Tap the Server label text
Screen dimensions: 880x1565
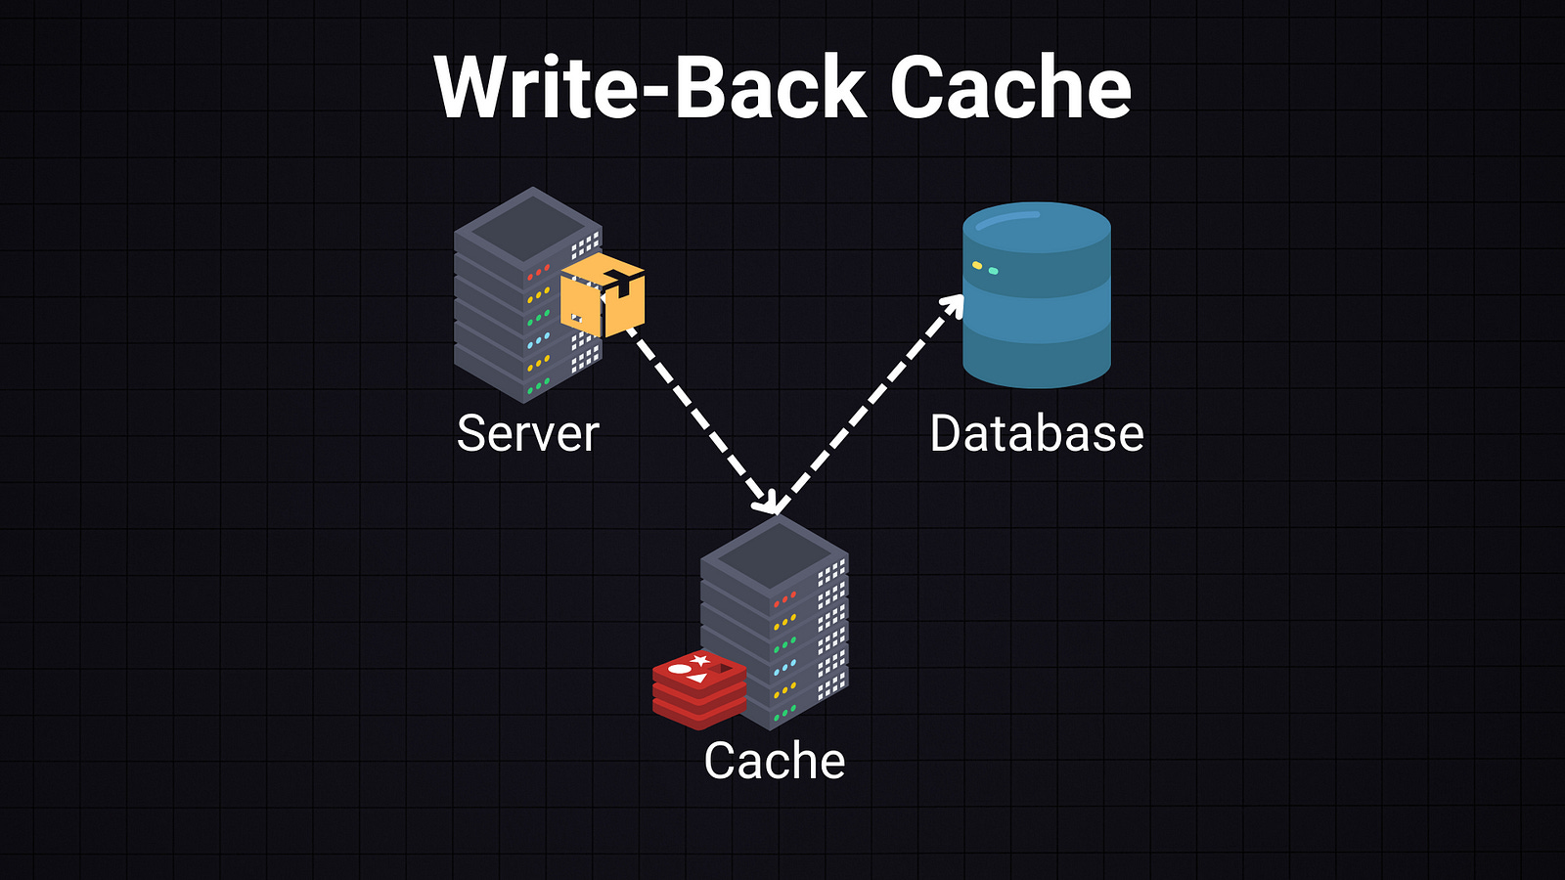pyautogui.click(x=527, y=433)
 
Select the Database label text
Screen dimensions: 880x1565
pyautogui.click(x=1037, y=433)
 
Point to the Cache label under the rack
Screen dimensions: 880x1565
pyautogui.click(x=774, y=761)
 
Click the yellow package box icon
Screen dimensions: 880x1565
pyautogui.click(x=603, y=294)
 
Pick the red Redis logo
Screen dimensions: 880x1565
pyautogui.click(x=699, y=689)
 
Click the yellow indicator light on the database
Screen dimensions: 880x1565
pyautogui.click(x=977, y=265)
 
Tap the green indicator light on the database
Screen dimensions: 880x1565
pyautogui.click(x=994, y=270)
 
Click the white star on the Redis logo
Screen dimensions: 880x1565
pyautogui.click(x=700, y=661)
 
